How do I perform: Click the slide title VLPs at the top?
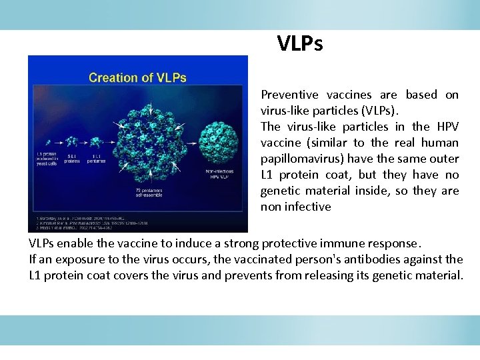[x=300, y=44]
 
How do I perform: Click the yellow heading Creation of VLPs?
[x=137, y=77]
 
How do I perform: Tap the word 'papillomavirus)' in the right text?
[x=301, y=159]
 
